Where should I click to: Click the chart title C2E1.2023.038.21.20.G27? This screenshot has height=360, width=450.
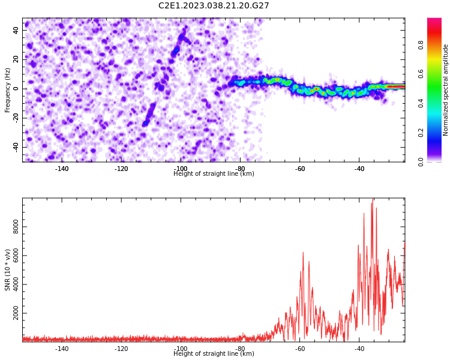coord(214,5)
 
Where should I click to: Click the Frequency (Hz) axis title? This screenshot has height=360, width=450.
coord(7,90)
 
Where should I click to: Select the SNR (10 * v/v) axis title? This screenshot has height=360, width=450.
coord(7,270)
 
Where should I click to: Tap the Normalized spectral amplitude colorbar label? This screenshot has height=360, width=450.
coord(445,90)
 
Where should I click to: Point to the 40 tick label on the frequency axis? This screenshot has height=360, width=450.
coord(16,30)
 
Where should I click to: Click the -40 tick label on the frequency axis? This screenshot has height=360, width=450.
coord(16,147)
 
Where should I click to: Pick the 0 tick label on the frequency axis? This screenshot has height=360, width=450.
coord(16,89)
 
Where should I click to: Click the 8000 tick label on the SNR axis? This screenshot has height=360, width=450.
coord(16,227)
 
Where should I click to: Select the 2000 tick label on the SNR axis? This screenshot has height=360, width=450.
coord(16,313)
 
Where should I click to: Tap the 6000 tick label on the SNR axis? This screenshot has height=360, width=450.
coord(16,256)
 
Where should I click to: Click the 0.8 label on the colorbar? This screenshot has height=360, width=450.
coord(421,45)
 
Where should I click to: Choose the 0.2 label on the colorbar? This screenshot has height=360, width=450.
coord(421,133)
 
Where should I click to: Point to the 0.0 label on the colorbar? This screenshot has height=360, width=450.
coord(421,162)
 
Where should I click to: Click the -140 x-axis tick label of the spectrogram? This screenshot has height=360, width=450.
coord(62,169)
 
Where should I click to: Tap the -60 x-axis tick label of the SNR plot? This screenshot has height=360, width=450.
coord(299,349)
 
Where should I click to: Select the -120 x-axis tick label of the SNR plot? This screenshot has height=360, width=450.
coord(121,349)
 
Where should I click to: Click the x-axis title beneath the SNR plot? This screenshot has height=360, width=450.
coord(214,353)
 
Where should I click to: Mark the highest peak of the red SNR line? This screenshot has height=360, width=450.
coord(373,199)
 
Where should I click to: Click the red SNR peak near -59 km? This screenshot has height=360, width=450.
coord(303,253)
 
